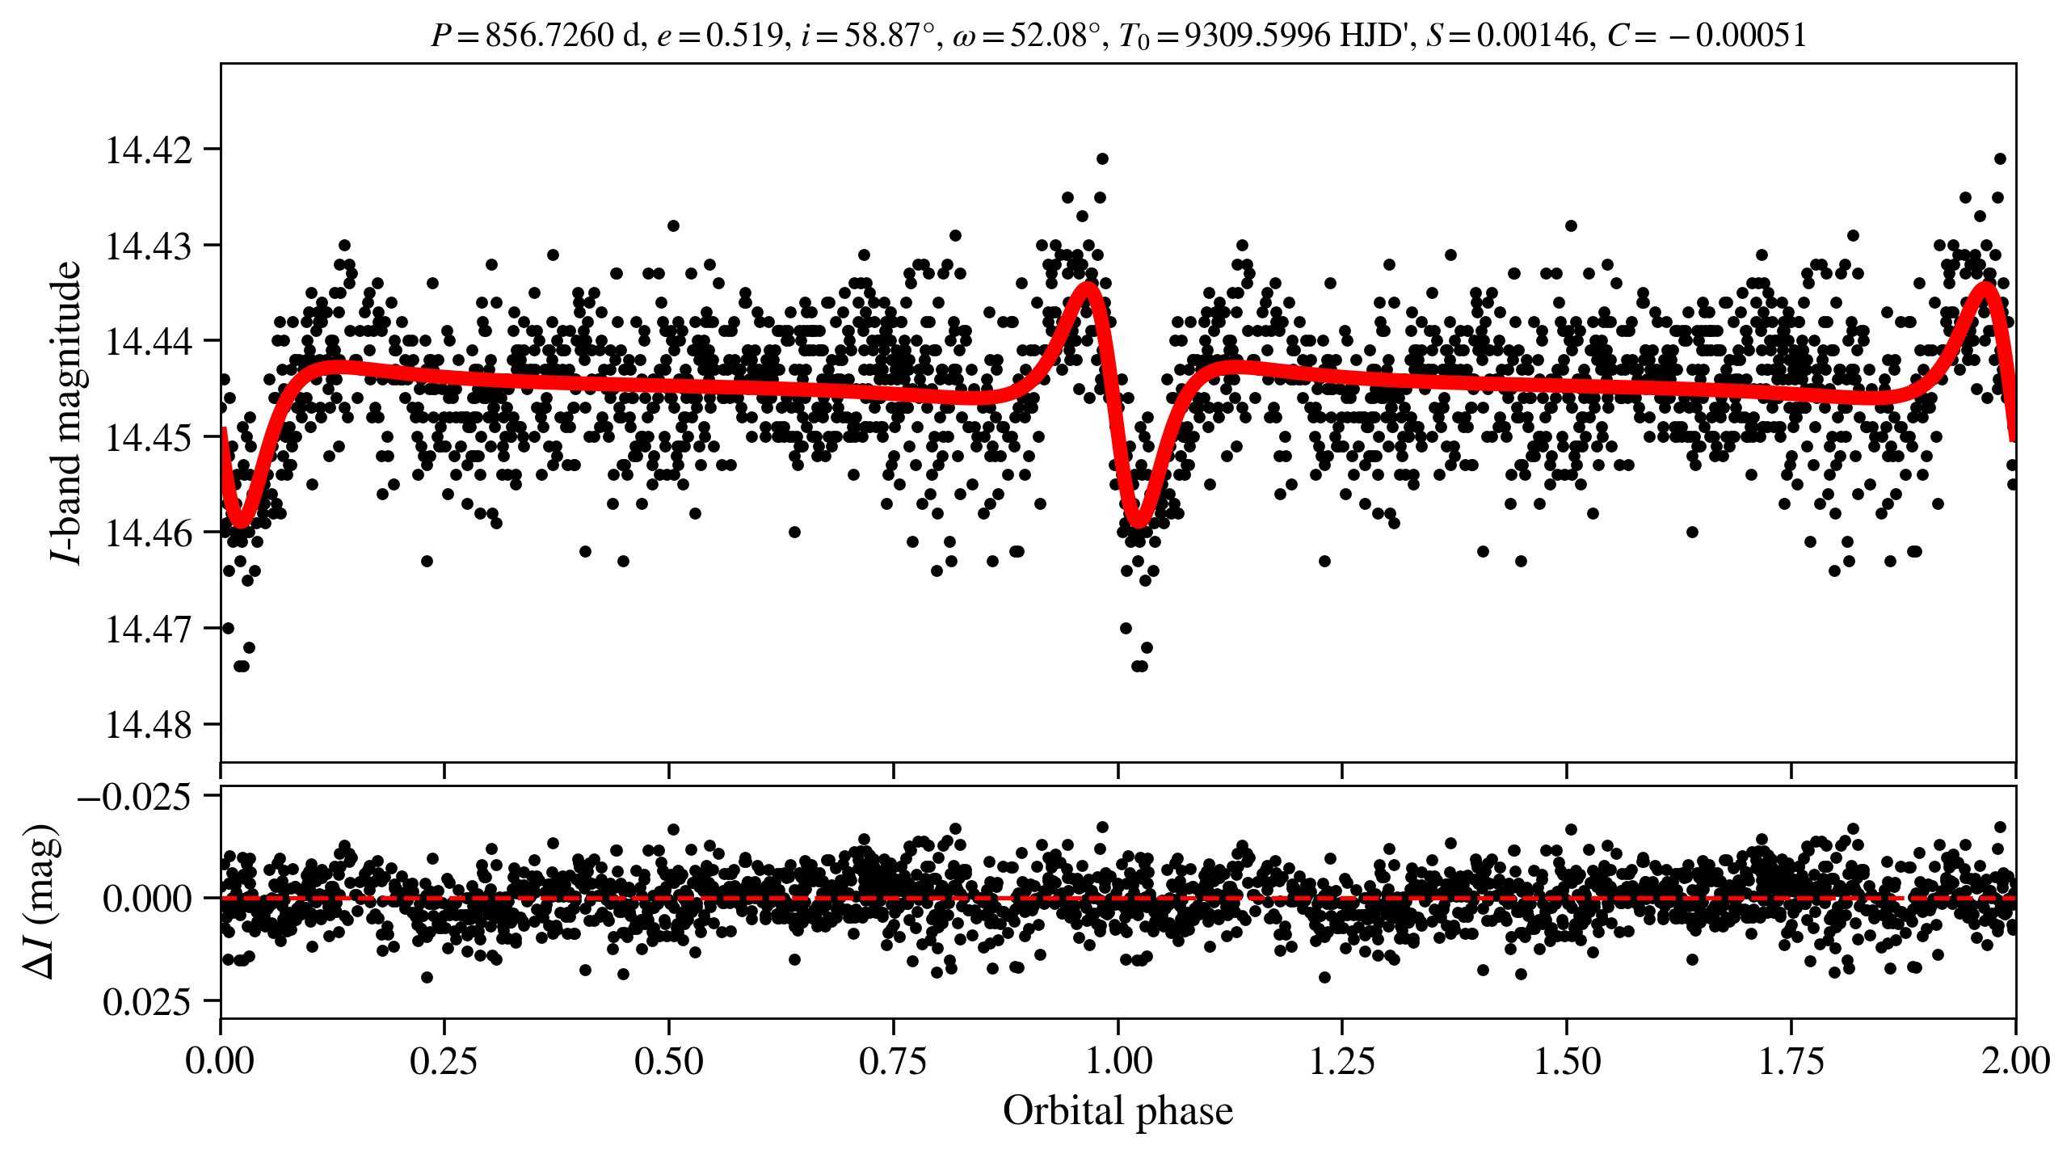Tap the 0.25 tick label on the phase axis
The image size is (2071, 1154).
tap(444, 1060)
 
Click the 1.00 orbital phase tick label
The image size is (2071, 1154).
tap(1118, 1060)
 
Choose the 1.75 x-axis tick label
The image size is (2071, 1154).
tap(1791, 1060)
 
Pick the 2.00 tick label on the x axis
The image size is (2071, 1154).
tap(2014, 1060)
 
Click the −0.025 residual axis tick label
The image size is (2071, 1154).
tap(134, 798)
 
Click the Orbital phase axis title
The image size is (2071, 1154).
tap(1118, 1111)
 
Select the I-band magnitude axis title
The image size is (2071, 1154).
tap(66, 412)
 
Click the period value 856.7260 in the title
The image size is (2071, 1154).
tap(549, 36)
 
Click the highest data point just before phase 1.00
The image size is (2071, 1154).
tap(1102, 158)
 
